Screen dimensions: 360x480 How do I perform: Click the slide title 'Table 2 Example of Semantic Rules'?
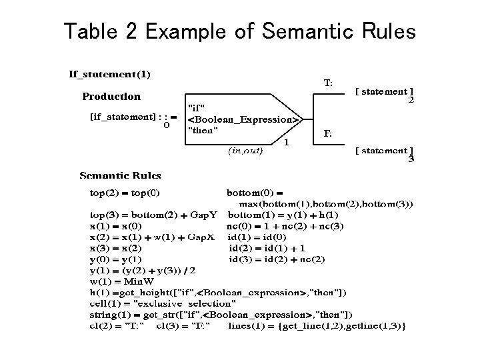pos(239,31)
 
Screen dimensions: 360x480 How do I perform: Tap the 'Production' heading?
pos(111,97)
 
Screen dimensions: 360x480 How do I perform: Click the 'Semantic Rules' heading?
pos(120,176)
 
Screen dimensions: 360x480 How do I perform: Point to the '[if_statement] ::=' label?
pos(133,117)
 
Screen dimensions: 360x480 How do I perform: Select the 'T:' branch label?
pos(329,83)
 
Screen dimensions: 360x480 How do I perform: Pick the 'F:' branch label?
pos(328,133)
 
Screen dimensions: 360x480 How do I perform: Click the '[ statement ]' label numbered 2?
pos(384,91)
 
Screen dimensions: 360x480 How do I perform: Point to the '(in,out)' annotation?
pos(245,151)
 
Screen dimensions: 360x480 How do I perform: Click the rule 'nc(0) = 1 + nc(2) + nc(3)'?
pos(285,226)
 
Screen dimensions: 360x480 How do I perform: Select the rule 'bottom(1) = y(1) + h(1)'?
pos(283,215)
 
